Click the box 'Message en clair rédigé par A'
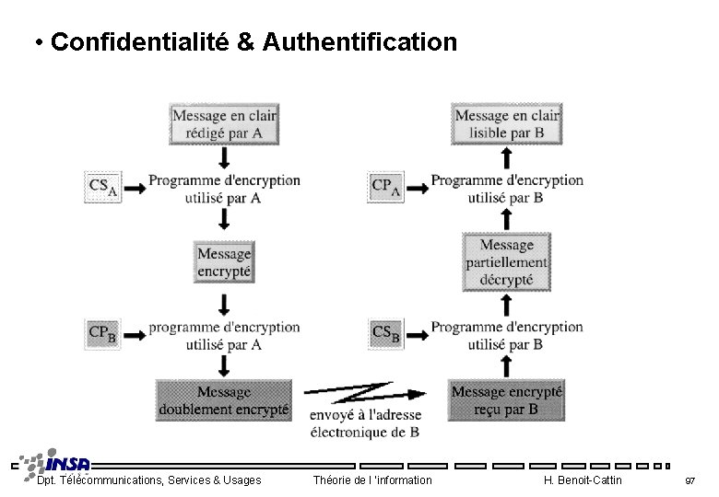pos(224,124)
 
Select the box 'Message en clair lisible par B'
pos(506,124)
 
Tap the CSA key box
pos(102,187)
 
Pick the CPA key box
pos(385,187)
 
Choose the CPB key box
pos(102,333)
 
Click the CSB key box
pos(385,333)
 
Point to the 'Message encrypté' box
pos(224,262)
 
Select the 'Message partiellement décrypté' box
pos(506,262)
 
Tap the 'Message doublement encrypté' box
pos(224,400)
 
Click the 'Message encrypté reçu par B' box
pos(506,400)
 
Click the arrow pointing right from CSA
pos(135,188)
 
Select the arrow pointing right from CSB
pos(418,334)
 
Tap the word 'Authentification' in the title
pos(359,42)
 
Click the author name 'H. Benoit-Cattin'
pos(583,480)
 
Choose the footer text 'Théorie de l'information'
pos(372,480)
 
